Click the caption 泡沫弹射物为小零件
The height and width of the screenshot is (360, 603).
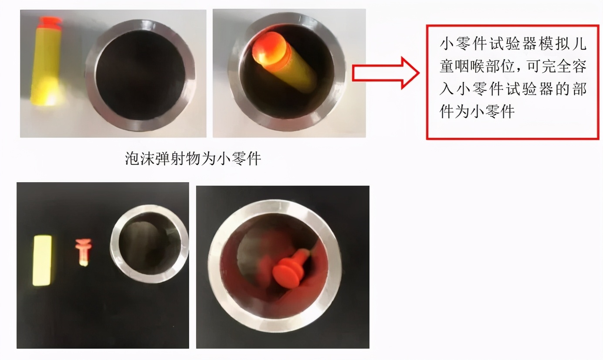[193, 159]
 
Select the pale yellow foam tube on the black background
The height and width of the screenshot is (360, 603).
[42, 260]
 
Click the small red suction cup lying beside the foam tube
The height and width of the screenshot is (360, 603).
[83, 251]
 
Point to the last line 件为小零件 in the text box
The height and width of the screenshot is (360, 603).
[478, 111]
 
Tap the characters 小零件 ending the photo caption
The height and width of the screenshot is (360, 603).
[245, 159]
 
